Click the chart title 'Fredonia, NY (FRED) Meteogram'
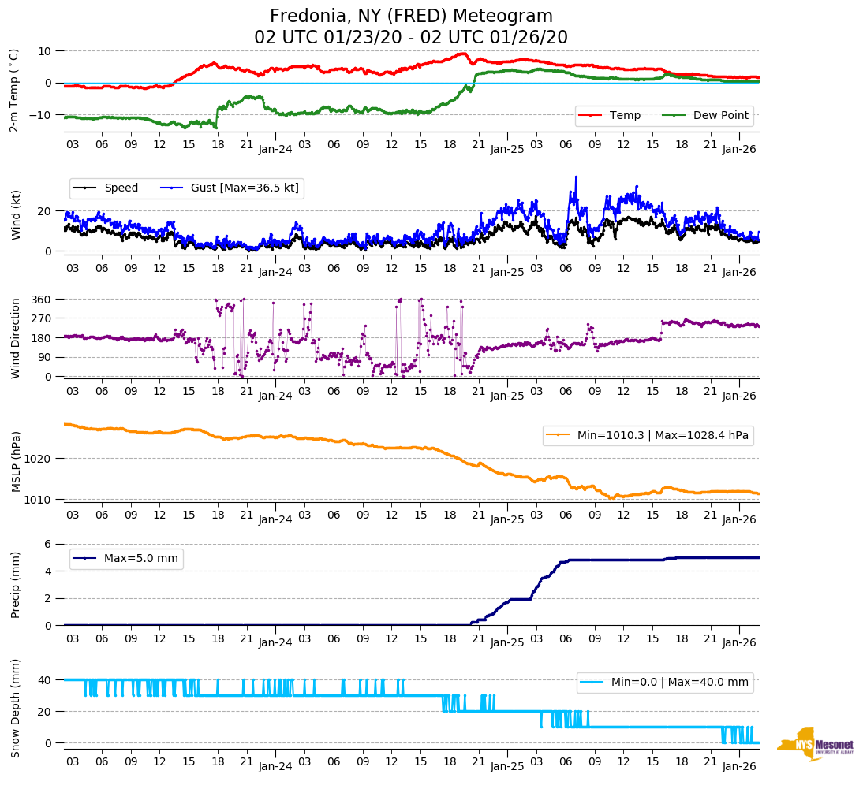tap(411, 17)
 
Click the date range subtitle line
tap(411, 38)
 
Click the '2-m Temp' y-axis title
tap(13, 89)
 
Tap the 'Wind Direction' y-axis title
tap(15, 338)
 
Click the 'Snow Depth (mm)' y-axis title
tap(15, 708)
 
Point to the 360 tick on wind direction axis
tap(42, 300)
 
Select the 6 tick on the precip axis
tap(48, 544)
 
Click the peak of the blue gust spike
tap(576, 177)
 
